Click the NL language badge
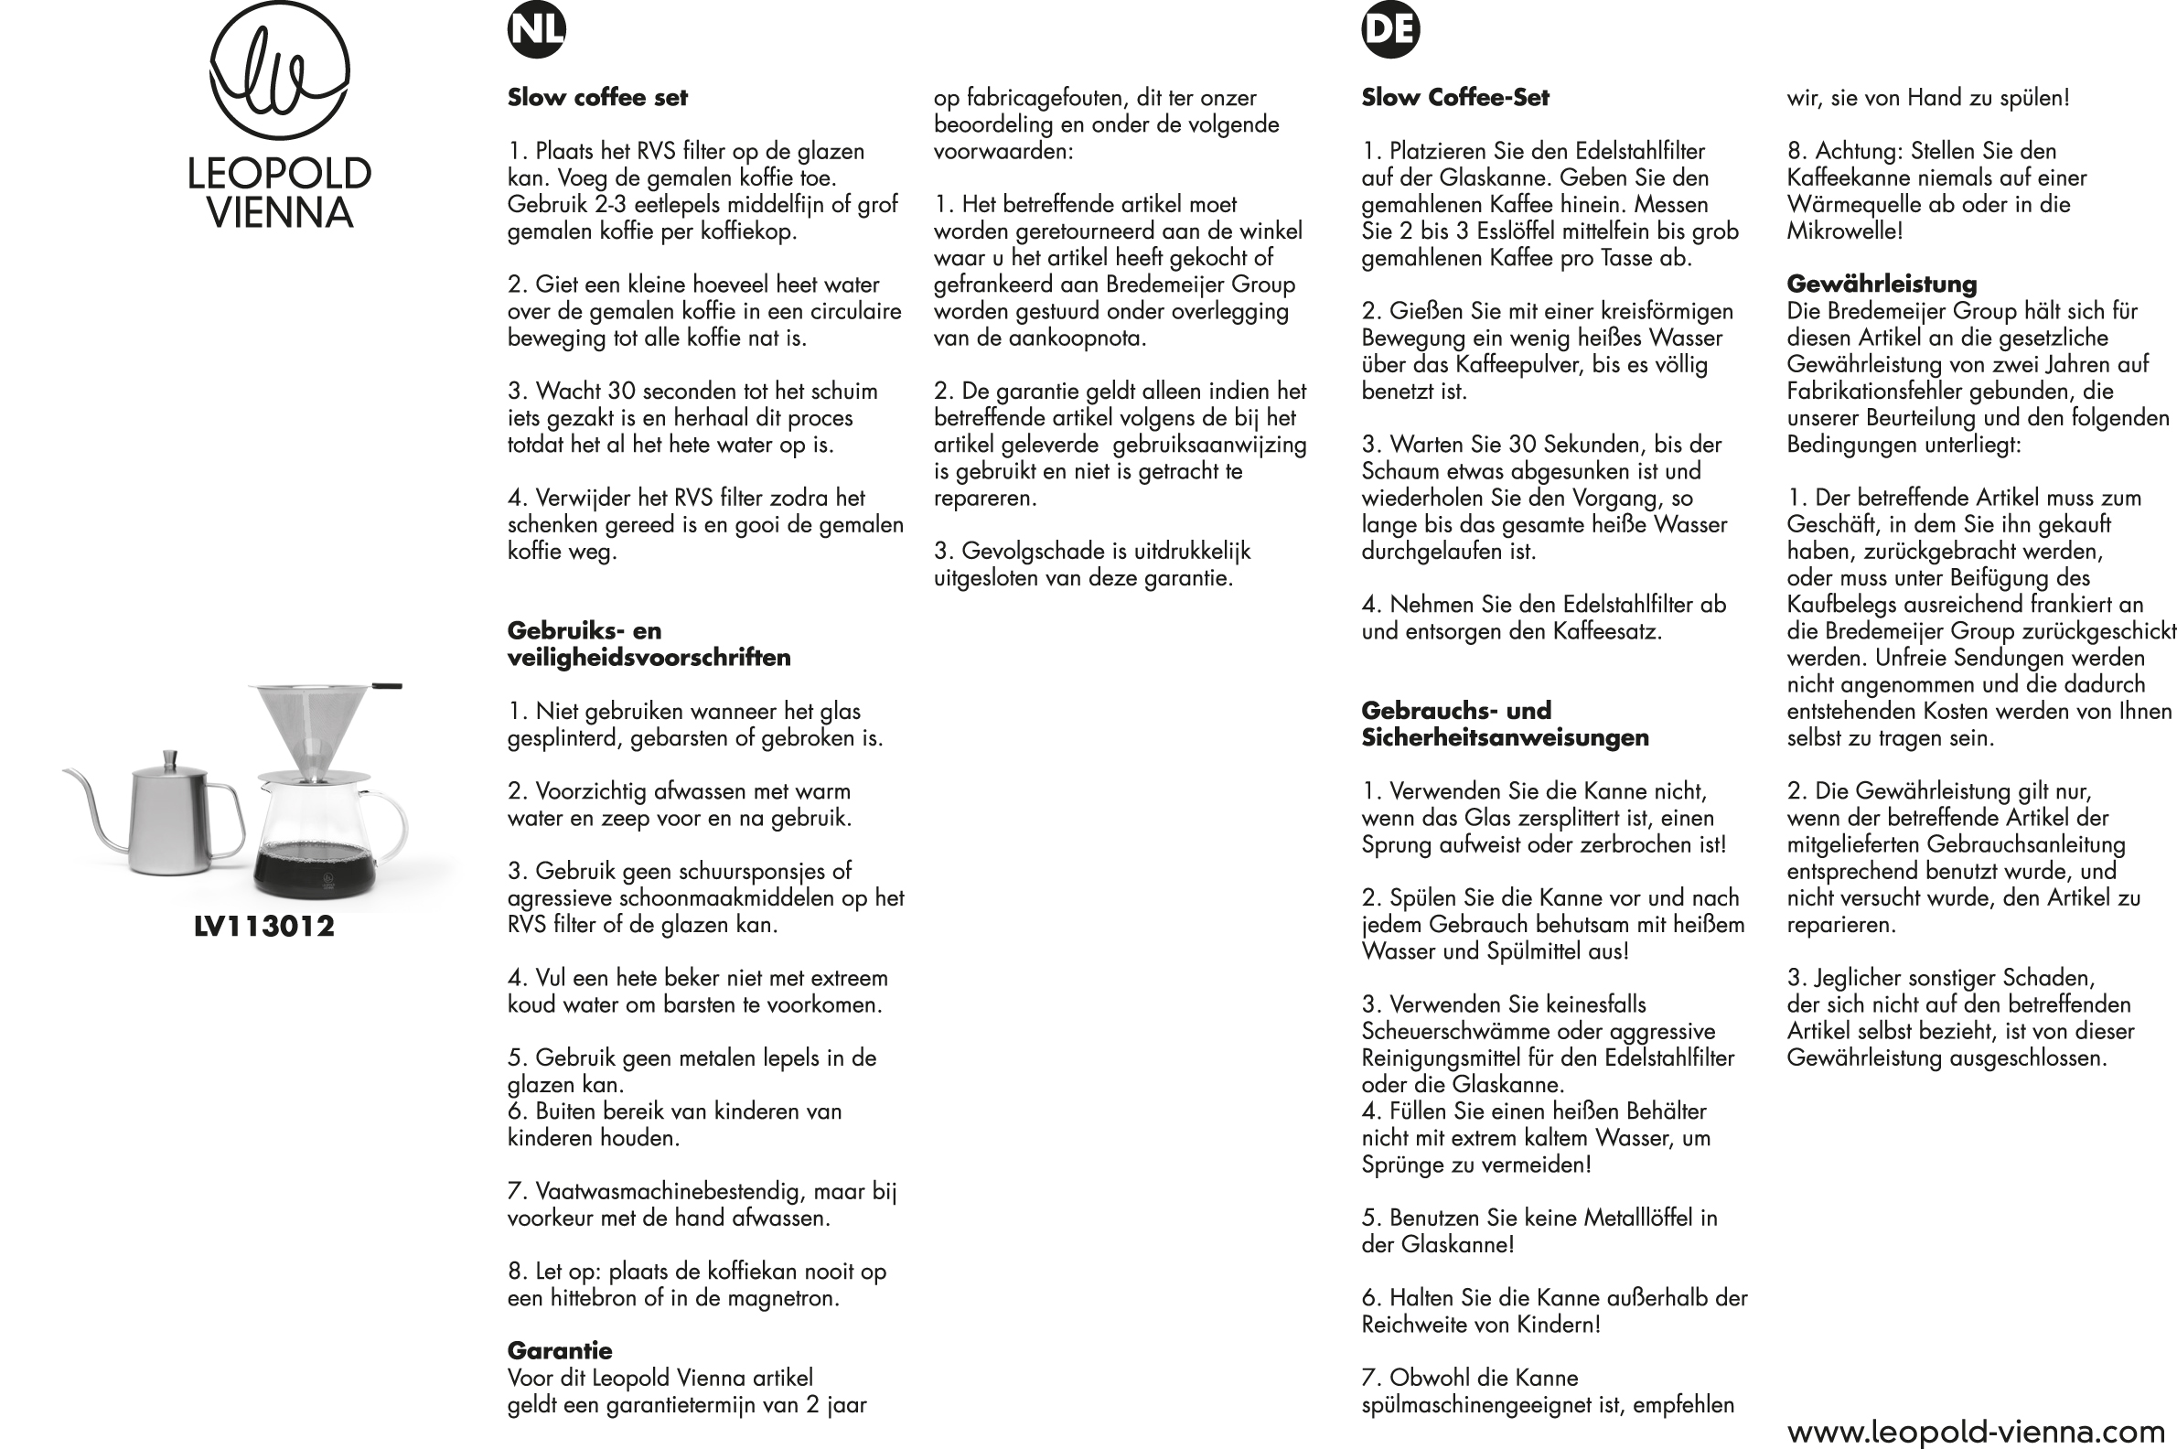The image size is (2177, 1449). tap(536, 29)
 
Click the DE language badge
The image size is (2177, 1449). tap(1389, 29)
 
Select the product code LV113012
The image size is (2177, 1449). tap(264, 926)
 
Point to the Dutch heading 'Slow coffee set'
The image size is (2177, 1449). tap(597, 97)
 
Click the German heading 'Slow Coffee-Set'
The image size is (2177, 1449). tap(1454, 97)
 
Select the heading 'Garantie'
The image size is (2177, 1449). tap(559, 1350)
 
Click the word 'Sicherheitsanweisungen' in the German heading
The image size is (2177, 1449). tap(1505, 737)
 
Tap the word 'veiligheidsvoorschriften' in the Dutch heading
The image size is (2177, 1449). tap(649, 657)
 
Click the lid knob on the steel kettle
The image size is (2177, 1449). tap(169, 759)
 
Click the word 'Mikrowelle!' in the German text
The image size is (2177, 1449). tap(1844, 231)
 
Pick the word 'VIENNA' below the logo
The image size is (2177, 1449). tap(280, 213)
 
